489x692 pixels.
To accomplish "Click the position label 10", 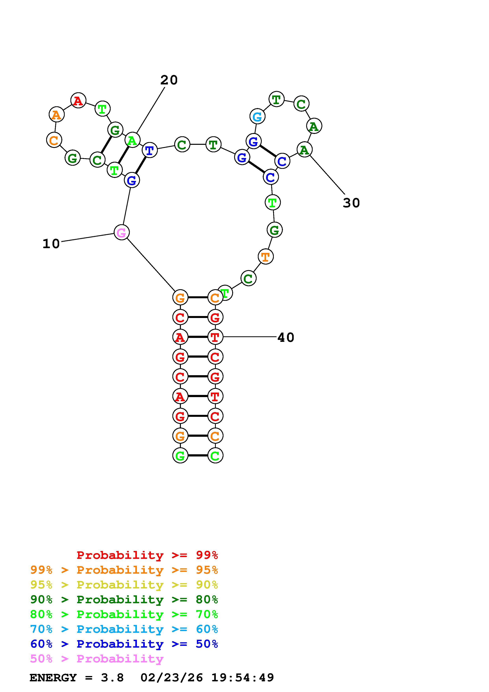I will coord(51,244).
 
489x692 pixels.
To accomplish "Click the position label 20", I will coord(169,80).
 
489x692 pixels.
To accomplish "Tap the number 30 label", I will coord(351,203).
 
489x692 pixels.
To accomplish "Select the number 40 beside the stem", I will coord(286,337).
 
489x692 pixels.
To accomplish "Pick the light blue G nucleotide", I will coord(257,116).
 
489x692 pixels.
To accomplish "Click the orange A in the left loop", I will coord(56,115).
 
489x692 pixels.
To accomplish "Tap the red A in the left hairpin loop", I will coord(78,100).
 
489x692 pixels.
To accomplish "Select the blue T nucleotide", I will coord(150,150).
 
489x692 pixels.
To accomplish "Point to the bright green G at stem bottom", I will coord(180,455).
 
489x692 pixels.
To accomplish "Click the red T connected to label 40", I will coord(215,337).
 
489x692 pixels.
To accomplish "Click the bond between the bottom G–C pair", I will coord(198,455).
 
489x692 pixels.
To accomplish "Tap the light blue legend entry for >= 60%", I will coord(124,629).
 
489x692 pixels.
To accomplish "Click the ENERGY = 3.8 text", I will coord(77,678).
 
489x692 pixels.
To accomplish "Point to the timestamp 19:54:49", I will coord(243,678).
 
